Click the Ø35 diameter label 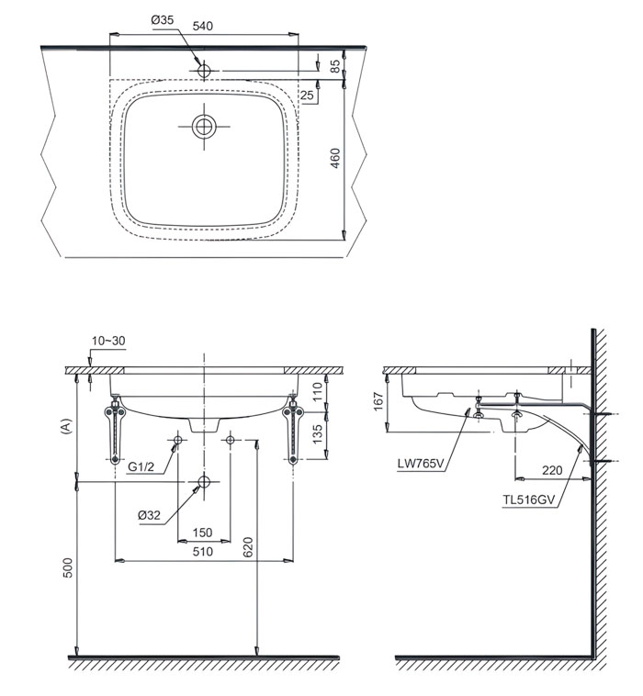click(162, 20)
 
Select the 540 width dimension click(202, 26)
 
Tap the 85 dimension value click(335, 66)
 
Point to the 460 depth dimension click(335, 158)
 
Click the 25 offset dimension click(307, 95)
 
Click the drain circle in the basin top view click(204, 127)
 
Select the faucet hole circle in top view click(204, 71)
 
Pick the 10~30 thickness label click(108, 341)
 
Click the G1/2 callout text click(141, 466)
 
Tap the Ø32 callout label click(149, 515)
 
